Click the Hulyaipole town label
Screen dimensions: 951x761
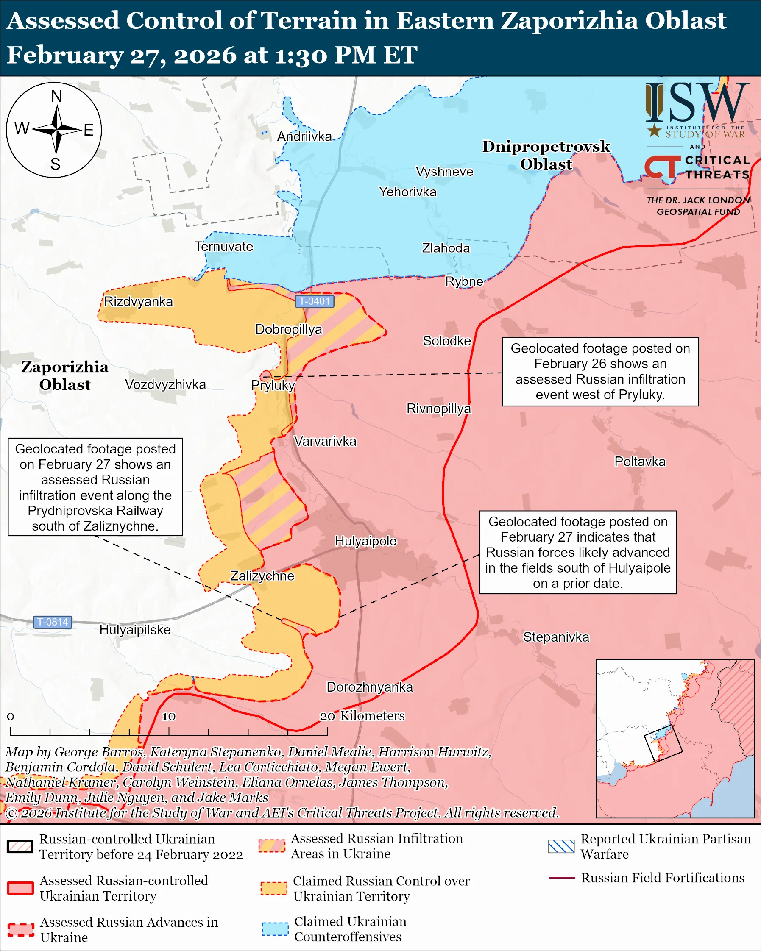tap(366, 541)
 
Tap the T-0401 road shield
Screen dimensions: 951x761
tap(314, 301)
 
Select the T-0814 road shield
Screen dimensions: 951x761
tap(53, 622)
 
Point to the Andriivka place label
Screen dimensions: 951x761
tap(304, 137)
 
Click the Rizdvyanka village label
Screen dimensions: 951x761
tap(138, 302)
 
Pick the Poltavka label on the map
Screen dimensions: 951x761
tap(640, 462)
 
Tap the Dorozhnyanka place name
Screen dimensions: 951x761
tap(369, 687)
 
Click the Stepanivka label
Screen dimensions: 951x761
tap(556, 637)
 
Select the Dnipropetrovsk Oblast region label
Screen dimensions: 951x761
tap(546, 155)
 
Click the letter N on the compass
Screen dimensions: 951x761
tap(56, 96)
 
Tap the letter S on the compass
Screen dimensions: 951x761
tap(55, 164)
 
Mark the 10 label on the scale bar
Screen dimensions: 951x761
tap(169, 716)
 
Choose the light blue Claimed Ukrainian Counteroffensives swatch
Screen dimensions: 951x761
tap(275, 929)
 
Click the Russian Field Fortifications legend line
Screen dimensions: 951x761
tap(561, 878)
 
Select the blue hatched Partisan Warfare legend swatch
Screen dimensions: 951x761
tap(561, 846)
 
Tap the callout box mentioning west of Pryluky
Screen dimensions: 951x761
tap(600, 371)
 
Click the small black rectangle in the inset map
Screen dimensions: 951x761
tap(663, 744)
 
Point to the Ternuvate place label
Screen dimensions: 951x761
tap(224, 247)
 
